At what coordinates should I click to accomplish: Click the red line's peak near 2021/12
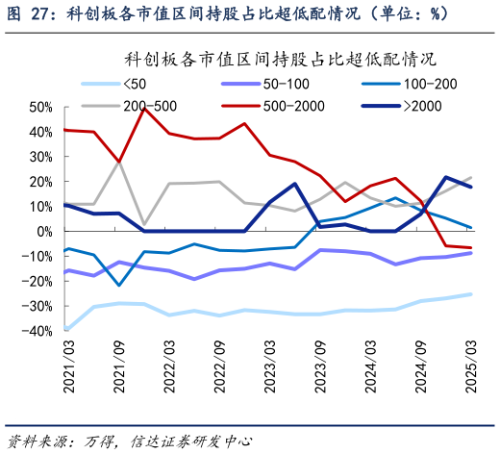pos(144,108)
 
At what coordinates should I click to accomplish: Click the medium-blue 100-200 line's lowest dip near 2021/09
pos(119,285)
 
